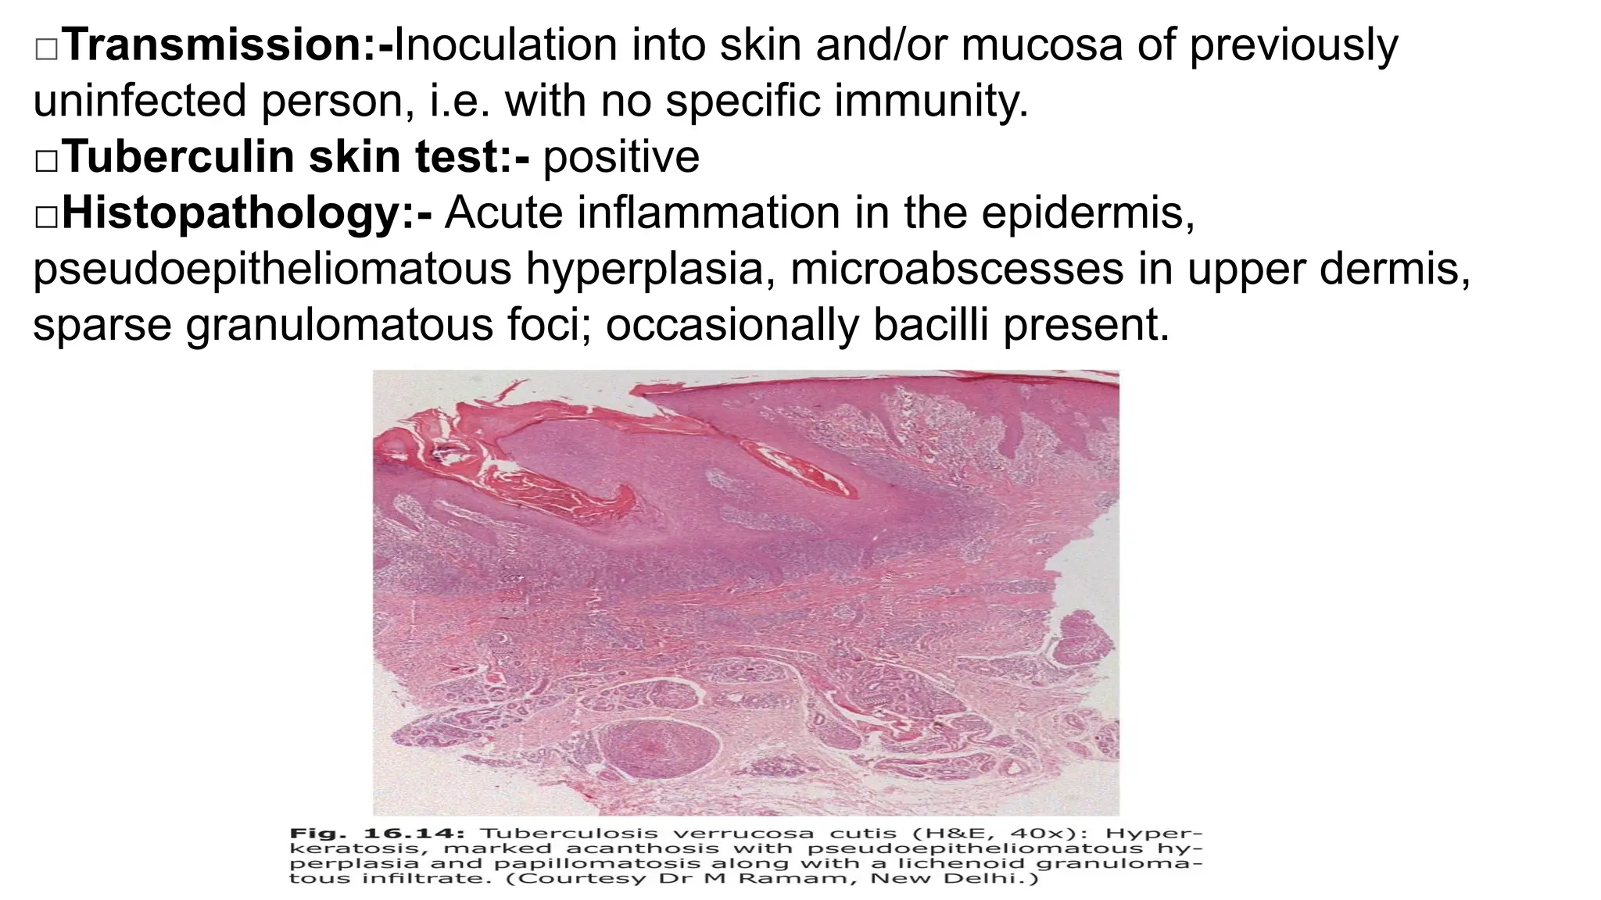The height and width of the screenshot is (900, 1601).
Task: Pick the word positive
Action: pos(621,157)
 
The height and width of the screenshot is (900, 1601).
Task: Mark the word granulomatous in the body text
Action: pos(339,325)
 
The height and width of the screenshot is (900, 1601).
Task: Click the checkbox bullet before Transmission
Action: pos(46,49)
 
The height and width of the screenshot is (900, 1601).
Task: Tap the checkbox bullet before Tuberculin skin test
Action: pos(46,161)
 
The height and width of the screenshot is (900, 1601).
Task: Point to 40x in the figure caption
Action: pos(1014,833)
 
